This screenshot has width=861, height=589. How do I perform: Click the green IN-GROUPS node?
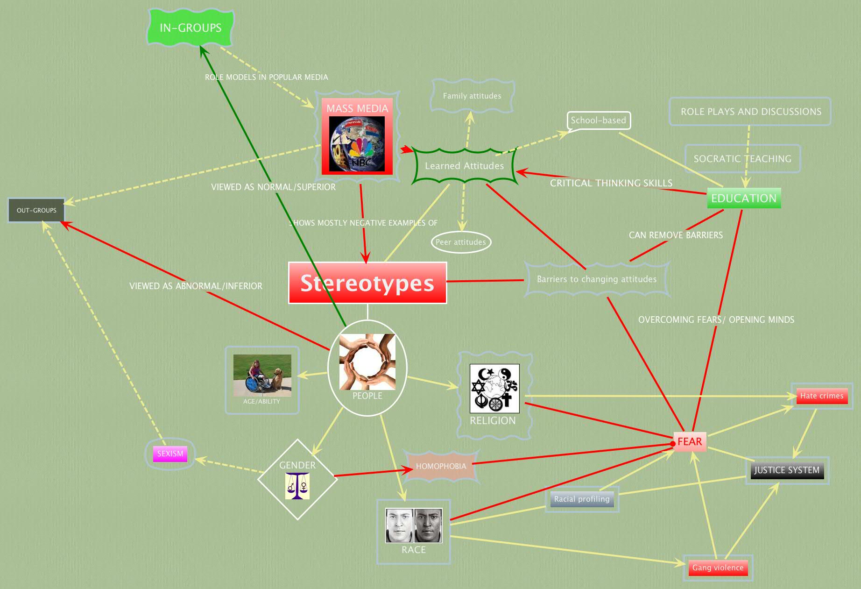[x=191, y=28]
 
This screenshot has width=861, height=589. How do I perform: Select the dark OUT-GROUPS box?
[x=36, y=210]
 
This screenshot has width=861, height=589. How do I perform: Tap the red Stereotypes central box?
[x=367, y=283]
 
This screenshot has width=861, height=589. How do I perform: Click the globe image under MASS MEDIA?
[x=357, y=144]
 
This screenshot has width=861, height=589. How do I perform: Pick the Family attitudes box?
[x=472, y=96]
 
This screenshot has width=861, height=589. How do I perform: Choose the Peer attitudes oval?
[x=461, y=242]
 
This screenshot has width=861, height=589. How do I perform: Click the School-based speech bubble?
[x=599, y=121]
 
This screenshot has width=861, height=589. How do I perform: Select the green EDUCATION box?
[x=744, y=198]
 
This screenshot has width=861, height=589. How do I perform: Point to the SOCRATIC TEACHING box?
[x=742, y=159]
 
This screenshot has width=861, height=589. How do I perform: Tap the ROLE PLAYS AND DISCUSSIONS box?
[x=750, y=112]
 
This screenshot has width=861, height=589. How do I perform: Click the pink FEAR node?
[x=690, y=441]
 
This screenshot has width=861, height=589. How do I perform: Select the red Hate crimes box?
[x=822, y=396]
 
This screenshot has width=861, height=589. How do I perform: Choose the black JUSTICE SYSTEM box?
[x=787, y=470]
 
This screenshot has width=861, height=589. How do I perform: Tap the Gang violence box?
[x=718, y=568]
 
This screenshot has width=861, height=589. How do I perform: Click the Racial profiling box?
[x=582, y=499]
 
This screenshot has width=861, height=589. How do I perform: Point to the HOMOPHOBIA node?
[x=441, y=466]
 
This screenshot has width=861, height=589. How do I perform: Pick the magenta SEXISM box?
[x=170, y=454]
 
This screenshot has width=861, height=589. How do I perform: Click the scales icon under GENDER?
[x=297, y=486]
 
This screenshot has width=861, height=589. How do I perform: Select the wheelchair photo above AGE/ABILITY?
[x=262, y=375]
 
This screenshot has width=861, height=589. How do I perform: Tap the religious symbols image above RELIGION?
[x=494, y=388]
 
